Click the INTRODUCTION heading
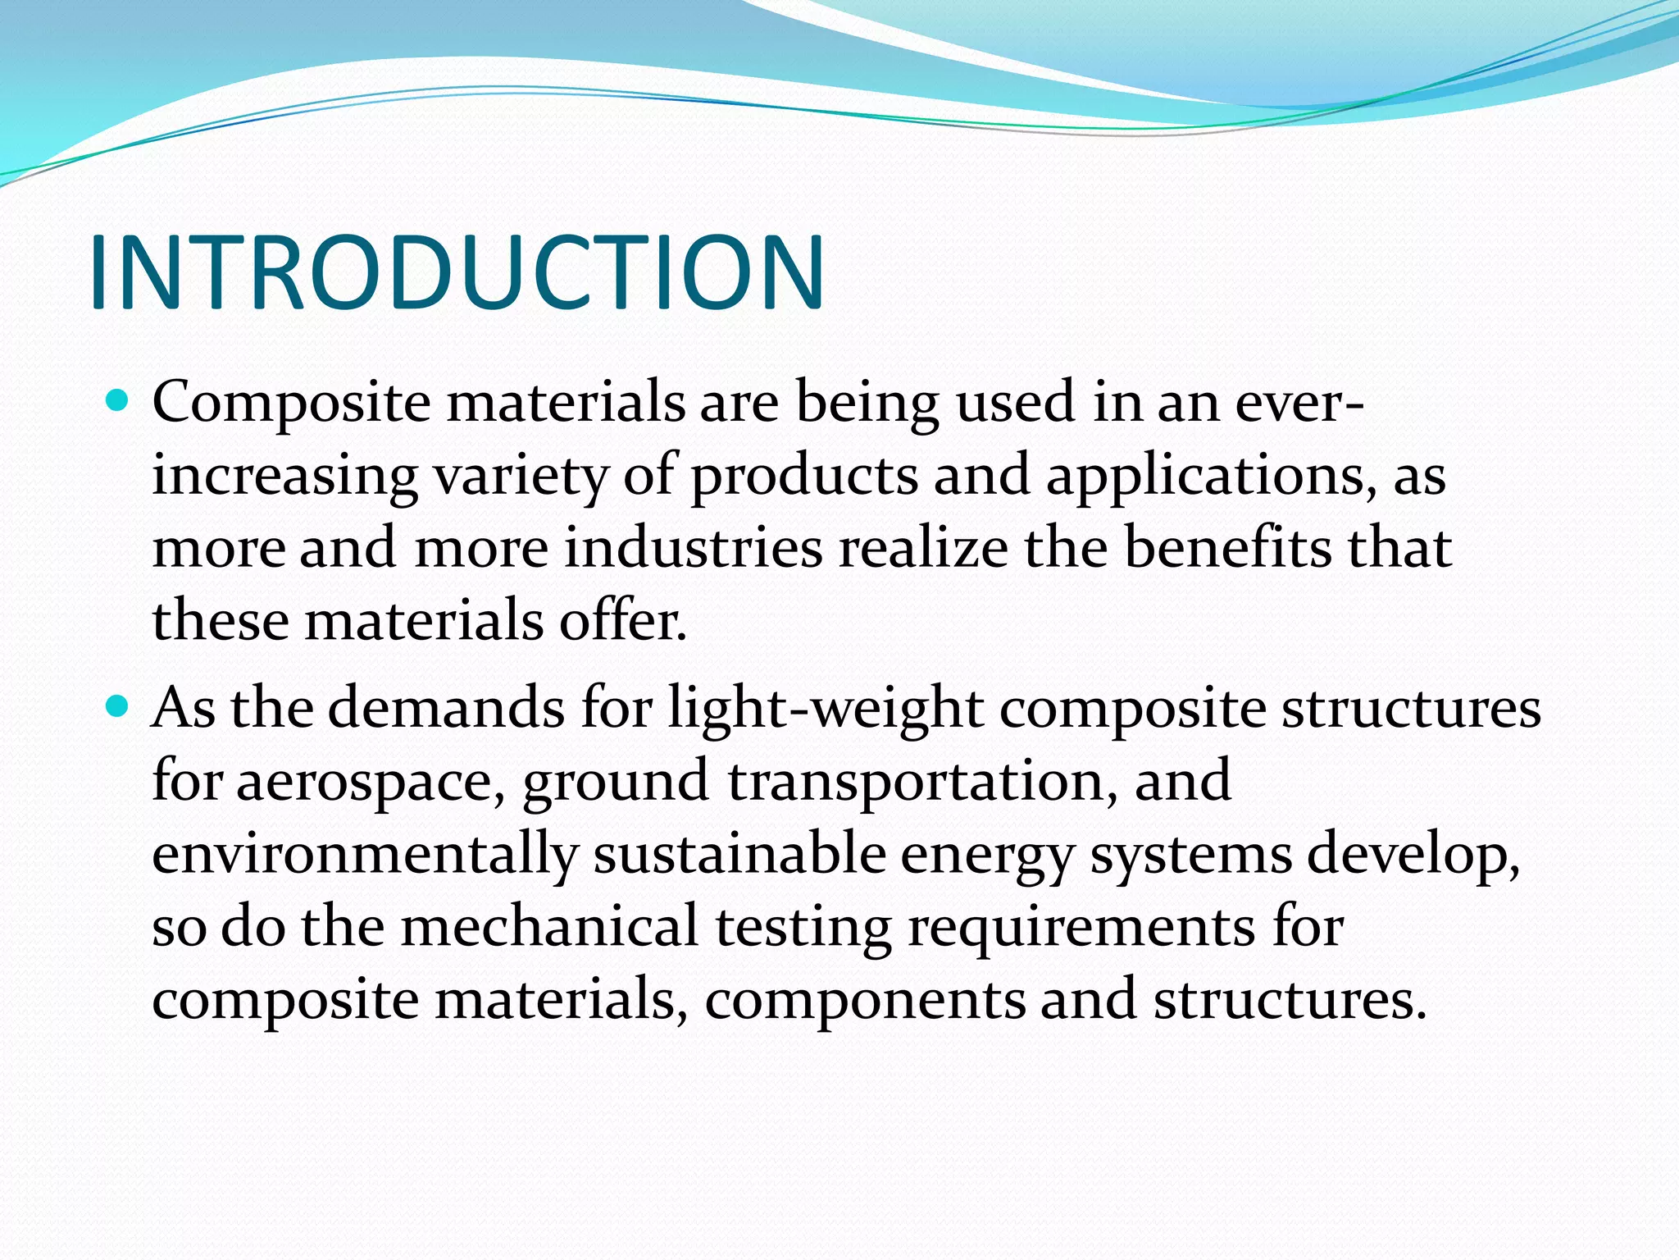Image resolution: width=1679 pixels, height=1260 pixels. pyautogui.click(x=457, y=273)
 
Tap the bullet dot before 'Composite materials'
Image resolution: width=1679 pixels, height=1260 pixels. pyautogui.click(x=119, y=402)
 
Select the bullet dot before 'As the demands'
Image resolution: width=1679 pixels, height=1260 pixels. pyautogui.click(x=119, y=705)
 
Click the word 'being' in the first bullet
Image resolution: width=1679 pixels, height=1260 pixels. pyautogui.click(x=867, y=404)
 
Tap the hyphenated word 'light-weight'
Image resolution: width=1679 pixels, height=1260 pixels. pyautogui.click(x=826, y=709)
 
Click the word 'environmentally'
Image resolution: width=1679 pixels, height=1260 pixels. pyautogui.click(x=365, y=854)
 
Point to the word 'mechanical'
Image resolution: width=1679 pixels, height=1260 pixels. pyautogui.click(x=549, y=927)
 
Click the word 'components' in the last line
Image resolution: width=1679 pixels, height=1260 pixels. pyautogui.click(x=865, y=1001)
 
